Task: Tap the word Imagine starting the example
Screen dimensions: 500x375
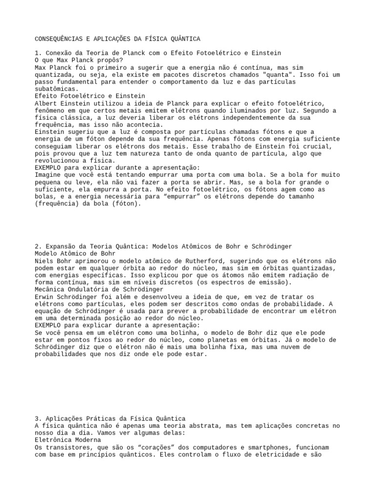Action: click(47, 175)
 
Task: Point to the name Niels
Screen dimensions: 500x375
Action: click(44, 261)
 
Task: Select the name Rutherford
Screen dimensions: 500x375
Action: click(204, 261)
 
